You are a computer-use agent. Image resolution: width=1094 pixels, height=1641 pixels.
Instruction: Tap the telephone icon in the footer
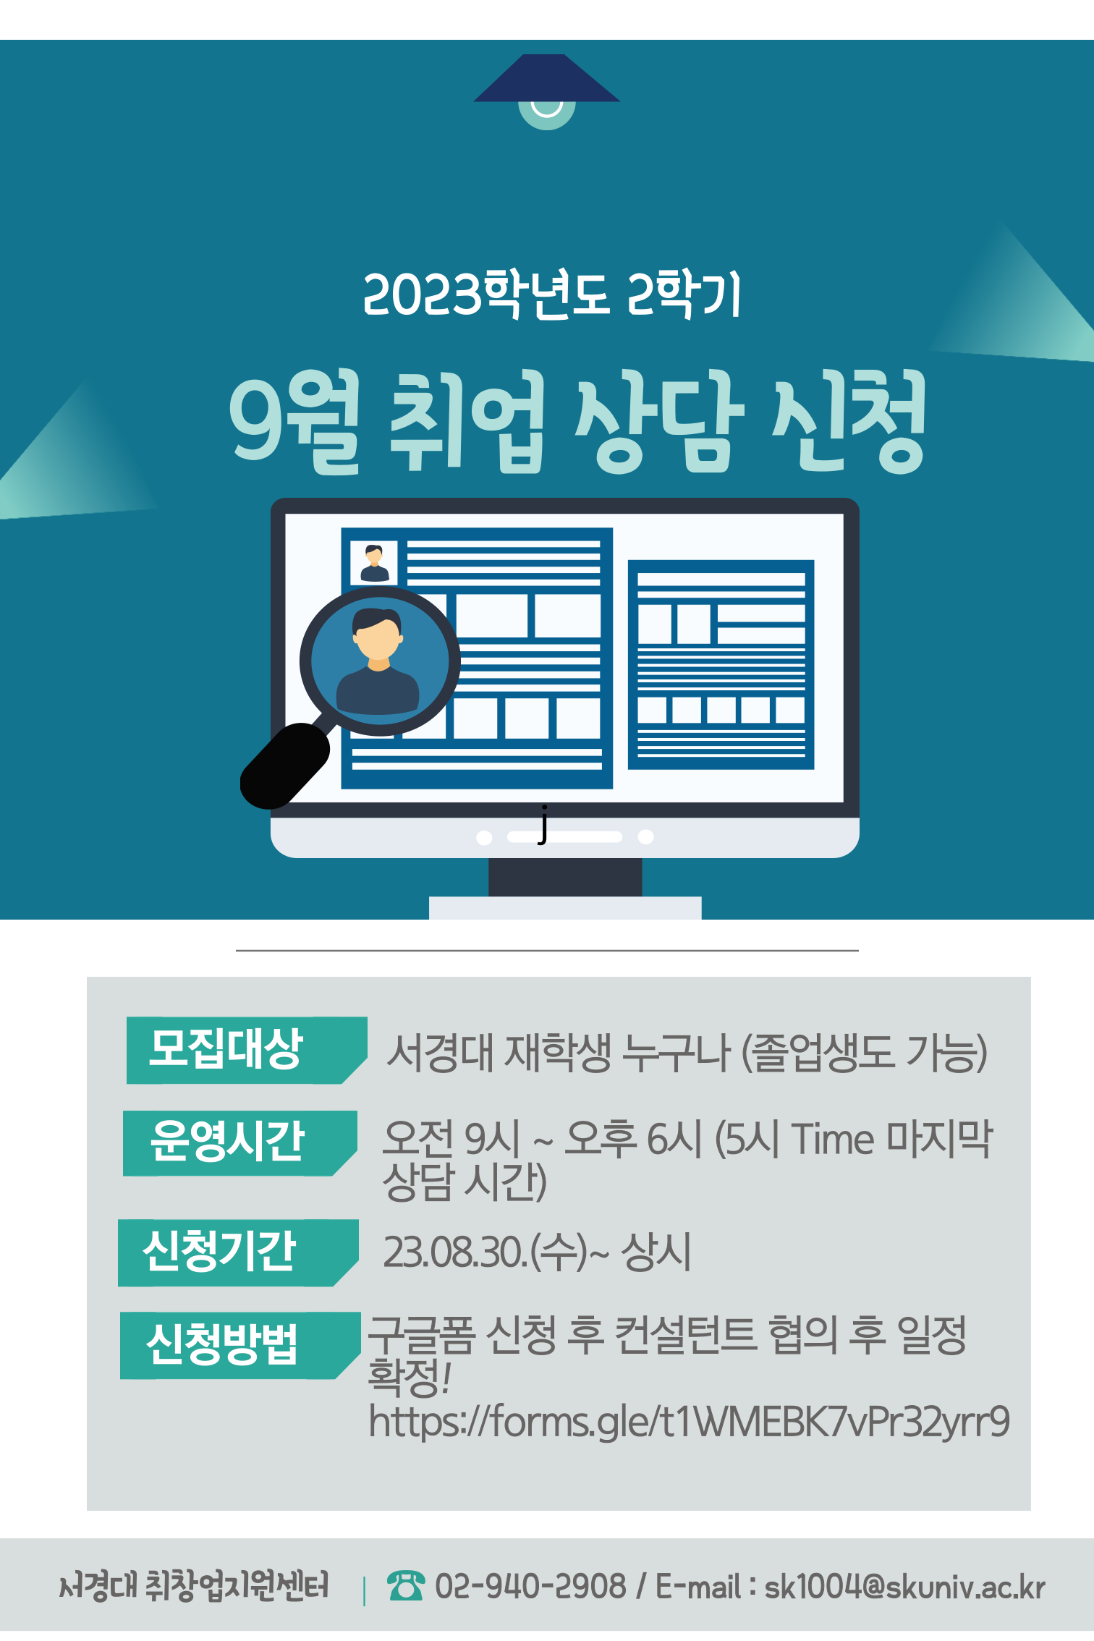click(405, 1586)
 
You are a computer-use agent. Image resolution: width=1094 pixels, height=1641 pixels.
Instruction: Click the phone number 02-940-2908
click(530, 1587)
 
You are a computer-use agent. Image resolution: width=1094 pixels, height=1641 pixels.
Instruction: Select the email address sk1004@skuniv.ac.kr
click(904, 1587)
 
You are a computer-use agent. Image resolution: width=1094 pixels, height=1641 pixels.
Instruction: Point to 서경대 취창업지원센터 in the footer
click(194, 1585)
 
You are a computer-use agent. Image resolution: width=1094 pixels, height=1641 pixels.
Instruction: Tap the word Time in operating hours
click(833, 1140)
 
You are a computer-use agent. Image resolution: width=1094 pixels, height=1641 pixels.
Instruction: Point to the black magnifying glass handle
click(285, 766)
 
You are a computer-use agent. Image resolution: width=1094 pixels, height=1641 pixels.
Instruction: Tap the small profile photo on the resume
click(374, 562)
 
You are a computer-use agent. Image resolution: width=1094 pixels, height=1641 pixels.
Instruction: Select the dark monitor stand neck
click(565, 876)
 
